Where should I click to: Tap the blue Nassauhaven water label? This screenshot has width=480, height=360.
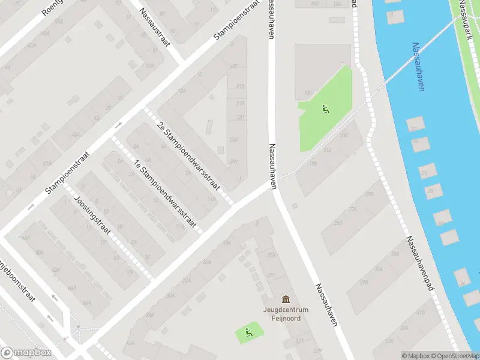click(x=419, y=67)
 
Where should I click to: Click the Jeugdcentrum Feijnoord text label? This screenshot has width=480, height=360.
click(x=285, y=314)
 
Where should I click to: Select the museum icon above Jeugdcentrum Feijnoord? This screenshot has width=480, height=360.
click(x=286, y=299)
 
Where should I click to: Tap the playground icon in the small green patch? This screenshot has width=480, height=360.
click(x=249, y=332)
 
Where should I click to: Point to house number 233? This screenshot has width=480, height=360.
click(x=233, y=140)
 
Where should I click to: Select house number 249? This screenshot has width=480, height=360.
click(x=233, y=161)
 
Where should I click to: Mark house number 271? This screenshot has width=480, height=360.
click(x=271, y=276)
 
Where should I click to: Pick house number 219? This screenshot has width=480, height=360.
click(x=241, y=103)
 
